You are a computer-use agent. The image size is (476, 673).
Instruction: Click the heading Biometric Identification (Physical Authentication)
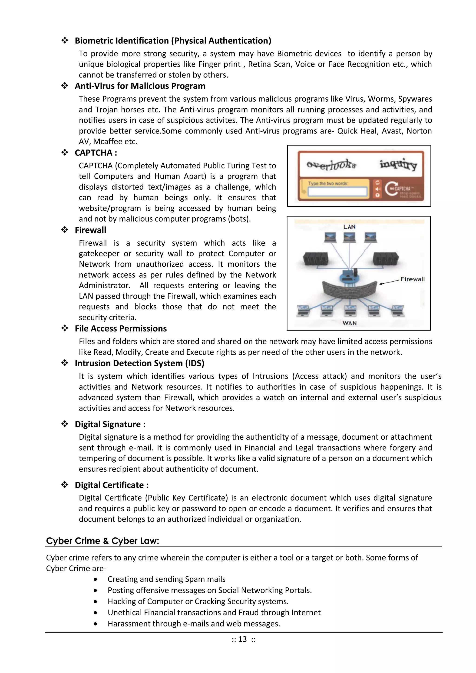tap(173, 40)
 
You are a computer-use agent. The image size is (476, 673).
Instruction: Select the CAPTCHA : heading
tap(96, 153)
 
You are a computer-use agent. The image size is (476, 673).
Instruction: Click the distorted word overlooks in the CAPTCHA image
tap(331, 165)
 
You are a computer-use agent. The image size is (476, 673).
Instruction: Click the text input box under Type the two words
tap(337, 192)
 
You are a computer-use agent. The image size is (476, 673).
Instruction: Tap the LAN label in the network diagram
tap(349, 227)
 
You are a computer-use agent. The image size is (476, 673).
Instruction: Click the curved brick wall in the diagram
tap(349, 290)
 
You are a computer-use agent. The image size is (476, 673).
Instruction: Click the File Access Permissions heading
tap(120, 328)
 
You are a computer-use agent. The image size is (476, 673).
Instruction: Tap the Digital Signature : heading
tap(110, 424)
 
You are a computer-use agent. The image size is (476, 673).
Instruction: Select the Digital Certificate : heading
tap(111, 485)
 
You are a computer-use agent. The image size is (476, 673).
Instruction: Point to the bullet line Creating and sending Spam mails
tap(166, 579)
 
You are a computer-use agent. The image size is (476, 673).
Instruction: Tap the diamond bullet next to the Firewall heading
tap(64, 230)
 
